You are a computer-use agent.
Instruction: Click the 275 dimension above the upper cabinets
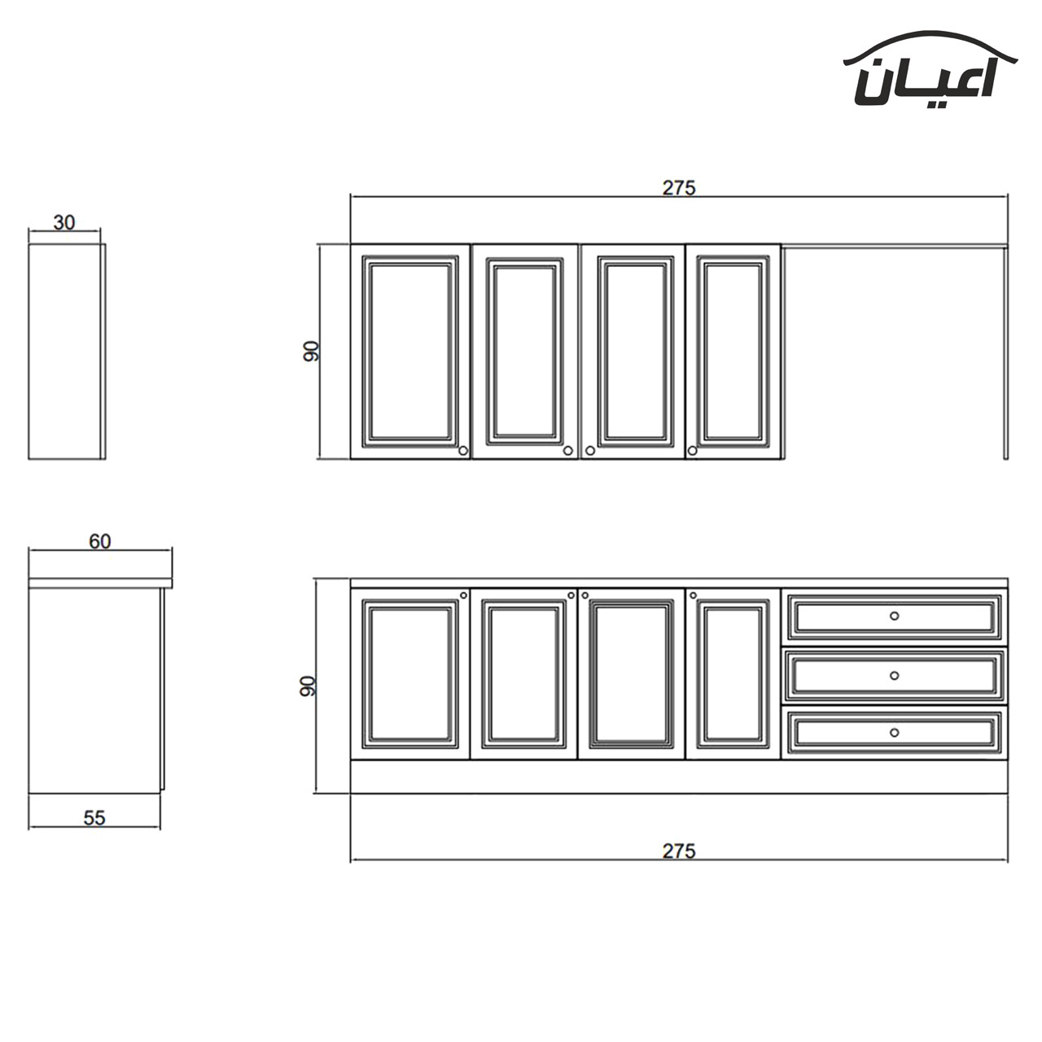coord(679,188)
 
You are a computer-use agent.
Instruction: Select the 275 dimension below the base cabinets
coord(679,852)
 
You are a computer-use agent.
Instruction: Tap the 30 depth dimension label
coord(64,222)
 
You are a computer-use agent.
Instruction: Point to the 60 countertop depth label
coord(100,541)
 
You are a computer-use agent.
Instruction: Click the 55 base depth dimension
coord(94,818)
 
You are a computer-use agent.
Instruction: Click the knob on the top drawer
coord(894,616)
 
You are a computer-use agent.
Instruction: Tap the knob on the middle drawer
coord(894,676)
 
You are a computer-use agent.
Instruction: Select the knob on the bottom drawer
coord(894,733)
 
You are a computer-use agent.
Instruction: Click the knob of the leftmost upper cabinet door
coord(463,450)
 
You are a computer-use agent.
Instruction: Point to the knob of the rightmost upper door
coord(693,450)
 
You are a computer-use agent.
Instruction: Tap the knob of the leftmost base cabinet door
coord(463,595)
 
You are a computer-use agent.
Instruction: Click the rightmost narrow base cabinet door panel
coord(733,674)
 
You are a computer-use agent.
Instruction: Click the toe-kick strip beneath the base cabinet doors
coord(679,777)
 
